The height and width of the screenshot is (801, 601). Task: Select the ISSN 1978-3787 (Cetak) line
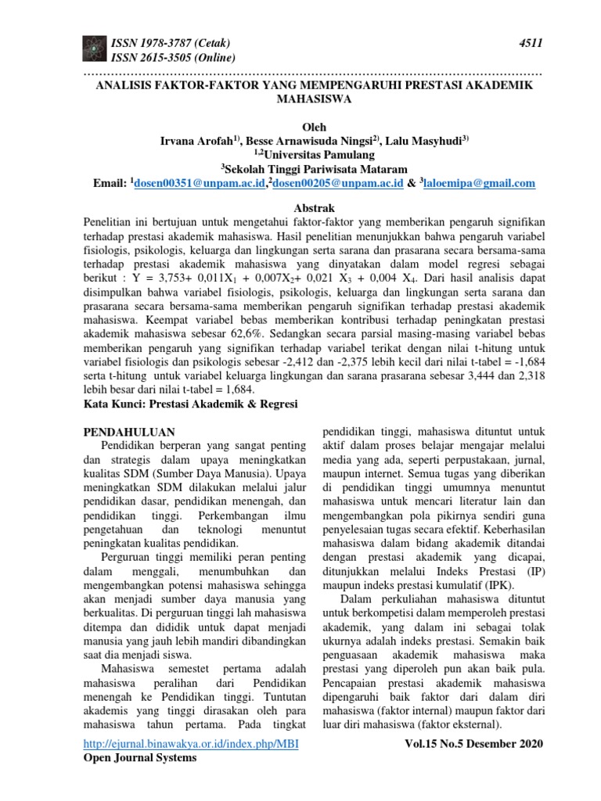click(173, 42)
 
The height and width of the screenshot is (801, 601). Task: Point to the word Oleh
click(313, 127)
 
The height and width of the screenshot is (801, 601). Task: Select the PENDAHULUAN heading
click(129, 432)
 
